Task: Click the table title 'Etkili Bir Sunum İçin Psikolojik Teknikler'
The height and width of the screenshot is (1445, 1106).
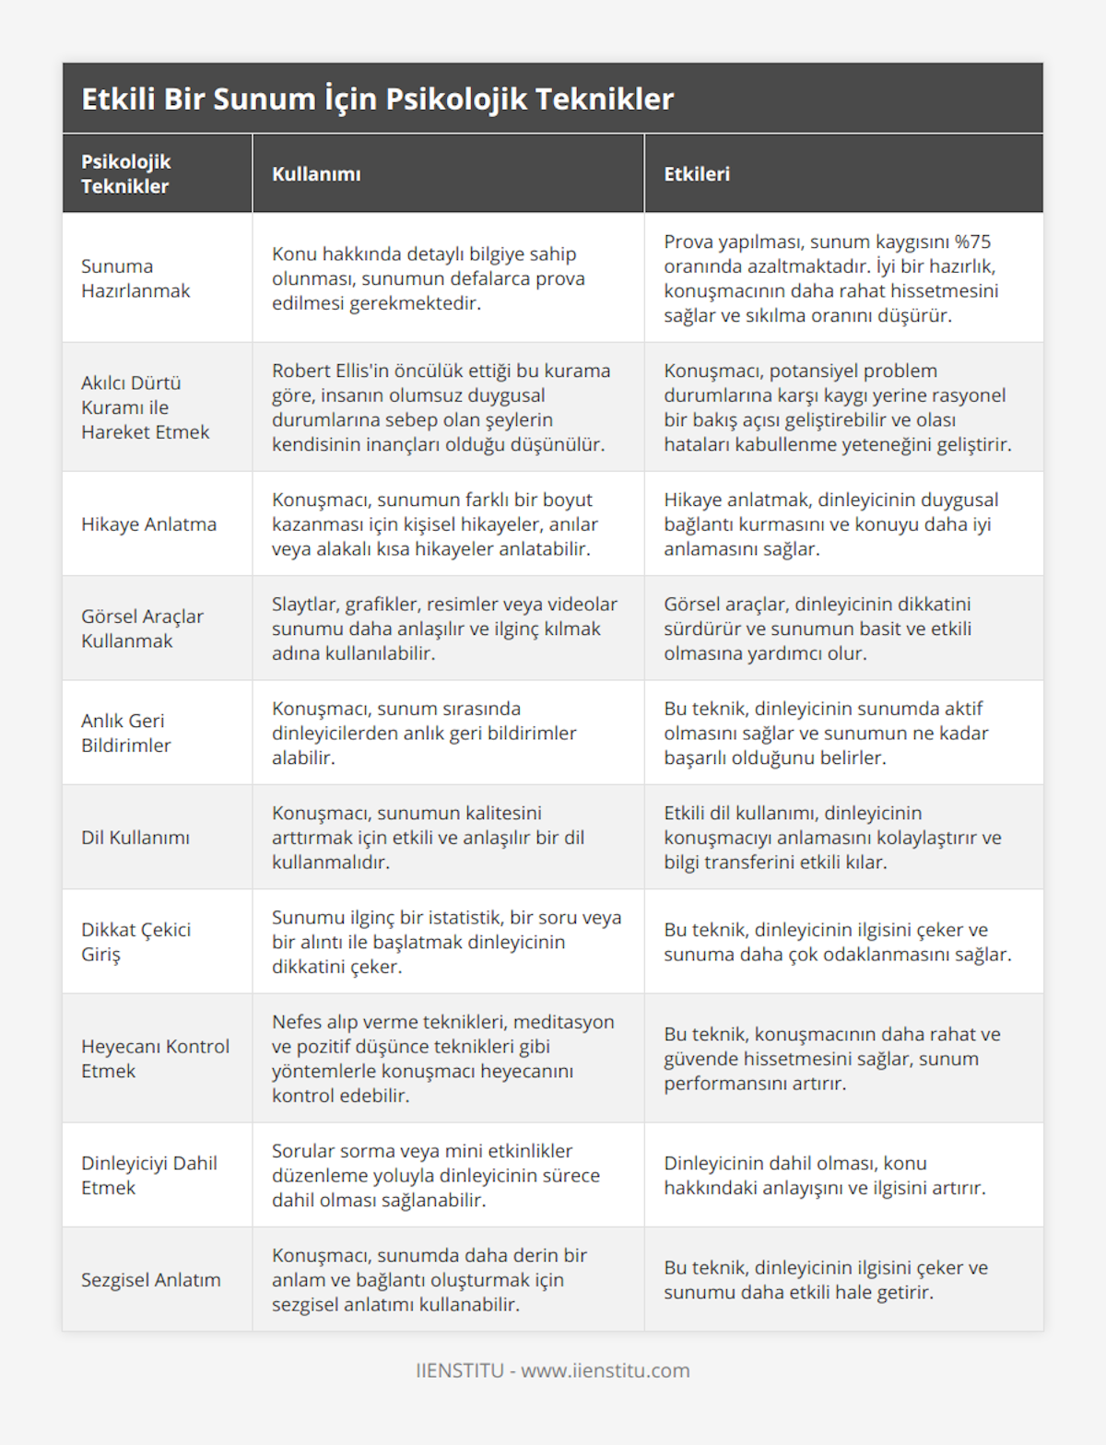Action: tap(377, 99)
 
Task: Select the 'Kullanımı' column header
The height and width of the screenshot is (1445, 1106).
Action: tap(316, 174)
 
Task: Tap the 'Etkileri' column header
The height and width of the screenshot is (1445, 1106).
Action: tap(696, 174)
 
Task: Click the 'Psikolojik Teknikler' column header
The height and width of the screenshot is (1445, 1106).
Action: tap(125, 174)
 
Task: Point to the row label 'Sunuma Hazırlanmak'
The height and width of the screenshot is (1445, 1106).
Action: tap(135, 278)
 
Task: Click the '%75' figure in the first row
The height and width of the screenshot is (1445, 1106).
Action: tap(972, 242)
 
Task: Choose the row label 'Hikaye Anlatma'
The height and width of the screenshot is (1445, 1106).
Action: tap(148, 524)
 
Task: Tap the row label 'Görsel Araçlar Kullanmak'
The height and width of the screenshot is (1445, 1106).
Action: tap(142, 629)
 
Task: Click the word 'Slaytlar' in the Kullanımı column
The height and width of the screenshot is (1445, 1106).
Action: tap(304, 605)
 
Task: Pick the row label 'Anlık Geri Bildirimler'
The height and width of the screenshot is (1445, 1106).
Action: tap(125, 733)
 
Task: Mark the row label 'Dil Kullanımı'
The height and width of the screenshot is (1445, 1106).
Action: tap(135, 838)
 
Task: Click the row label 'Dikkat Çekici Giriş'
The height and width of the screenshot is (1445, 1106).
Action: tap(135, 942)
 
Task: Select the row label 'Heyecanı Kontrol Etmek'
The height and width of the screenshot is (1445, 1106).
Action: tap(155, 1059)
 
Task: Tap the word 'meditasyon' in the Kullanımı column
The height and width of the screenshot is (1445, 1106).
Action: tap(563, 1022)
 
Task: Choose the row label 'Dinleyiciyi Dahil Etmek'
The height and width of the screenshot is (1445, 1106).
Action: tap(148, 1175)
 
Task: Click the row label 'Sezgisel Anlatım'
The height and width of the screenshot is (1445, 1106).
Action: tap(150, 1280)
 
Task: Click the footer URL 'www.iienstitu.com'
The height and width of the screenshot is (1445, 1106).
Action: tap(605, 1370)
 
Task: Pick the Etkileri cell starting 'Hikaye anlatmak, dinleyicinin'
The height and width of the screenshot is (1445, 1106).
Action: tap(830, 524)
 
